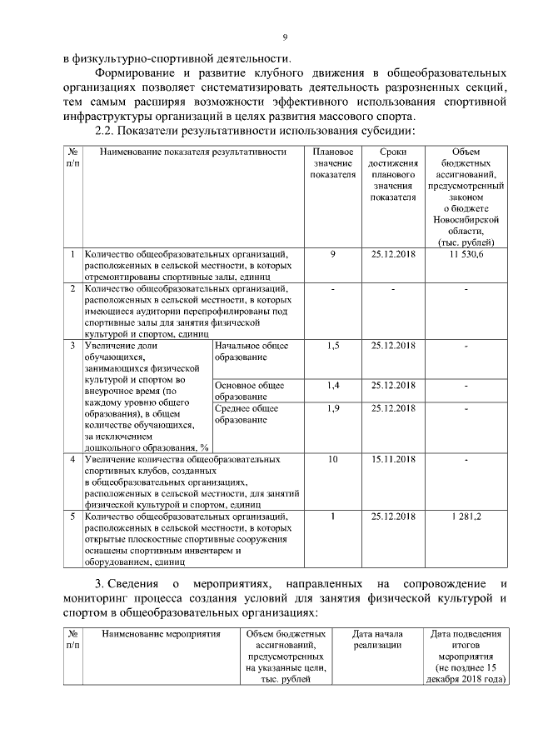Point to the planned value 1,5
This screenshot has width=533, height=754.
click(x=333, y=345)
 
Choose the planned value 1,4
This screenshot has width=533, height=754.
click(x=333, y=385)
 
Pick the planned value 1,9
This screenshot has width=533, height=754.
click(x=333, y=408)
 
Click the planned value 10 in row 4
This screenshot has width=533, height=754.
click(x=333, y=459)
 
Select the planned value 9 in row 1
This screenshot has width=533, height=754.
click(x=333, y=254)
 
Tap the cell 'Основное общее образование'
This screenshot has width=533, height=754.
click(x=250, y=391)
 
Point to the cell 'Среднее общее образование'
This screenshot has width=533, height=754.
click(x=251, y=414)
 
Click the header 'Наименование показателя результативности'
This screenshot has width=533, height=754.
click(x=198, y=152)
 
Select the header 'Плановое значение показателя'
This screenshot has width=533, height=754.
click(x=333, y=164)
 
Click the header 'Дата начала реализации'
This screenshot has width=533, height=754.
click(x=377, y=640)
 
